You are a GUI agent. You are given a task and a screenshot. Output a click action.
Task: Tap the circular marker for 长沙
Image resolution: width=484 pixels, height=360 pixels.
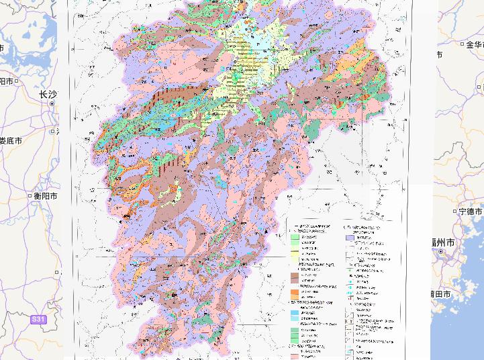pyautogui.click(x=52, y=104)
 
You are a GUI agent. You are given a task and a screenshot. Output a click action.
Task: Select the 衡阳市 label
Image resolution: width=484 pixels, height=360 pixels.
pyautogui.click(x=46, y=195)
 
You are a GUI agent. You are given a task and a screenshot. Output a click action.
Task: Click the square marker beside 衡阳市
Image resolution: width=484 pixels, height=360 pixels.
pyautogui.click(x=30, y=195)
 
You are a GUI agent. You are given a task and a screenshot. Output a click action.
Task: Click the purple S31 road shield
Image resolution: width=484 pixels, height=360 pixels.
pyautogui.click(x=39, y=320)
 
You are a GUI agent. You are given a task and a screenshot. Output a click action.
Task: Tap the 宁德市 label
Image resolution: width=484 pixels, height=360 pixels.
pyautogui.click(x=471, y=211)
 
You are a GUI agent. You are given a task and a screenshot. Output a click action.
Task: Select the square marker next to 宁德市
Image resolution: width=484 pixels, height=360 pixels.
pyautogui.click(x=456, y=211)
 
